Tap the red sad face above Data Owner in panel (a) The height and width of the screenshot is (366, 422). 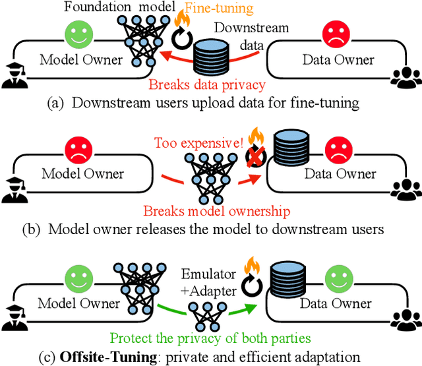pos(334,34)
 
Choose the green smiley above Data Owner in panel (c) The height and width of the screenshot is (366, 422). pos(334,276)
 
